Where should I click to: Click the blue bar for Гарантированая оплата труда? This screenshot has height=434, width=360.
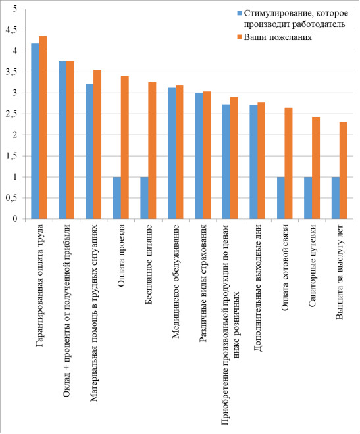click(35, 132)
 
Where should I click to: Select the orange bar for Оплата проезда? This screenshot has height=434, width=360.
click(125, 147)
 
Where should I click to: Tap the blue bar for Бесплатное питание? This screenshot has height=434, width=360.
click(144, 198)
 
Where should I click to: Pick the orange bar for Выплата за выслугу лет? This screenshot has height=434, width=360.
click(344, 170)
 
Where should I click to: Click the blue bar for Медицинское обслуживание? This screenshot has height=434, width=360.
click(172, 153)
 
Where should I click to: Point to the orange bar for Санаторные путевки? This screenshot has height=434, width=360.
click(316, 168)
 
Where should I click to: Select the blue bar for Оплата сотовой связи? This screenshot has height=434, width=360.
click(281, 198)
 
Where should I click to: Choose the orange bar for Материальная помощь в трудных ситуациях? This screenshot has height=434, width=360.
click(97, 144)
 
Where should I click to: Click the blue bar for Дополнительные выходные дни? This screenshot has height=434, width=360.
click(253, 162)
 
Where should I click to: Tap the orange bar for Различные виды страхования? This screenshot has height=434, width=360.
click(207, 155)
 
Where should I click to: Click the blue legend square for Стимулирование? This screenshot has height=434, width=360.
click(240, 13)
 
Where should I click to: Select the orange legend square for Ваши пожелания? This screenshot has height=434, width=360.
click(240, 37)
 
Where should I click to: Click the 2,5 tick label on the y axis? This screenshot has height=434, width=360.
click(11, 114)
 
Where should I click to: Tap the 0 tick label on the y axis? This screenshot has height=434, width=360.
click(15, 219)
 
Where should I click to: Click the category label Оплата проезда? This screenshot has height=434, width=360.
click(121, 256)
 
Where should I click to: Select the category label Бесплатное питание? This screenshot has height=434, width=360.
click(149, 264)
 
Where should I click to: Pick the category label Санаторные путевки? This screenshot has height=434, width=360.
click(312, 266)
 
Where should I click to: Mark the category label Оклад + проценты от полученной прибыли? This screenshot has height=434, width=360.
click(66, 311)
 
